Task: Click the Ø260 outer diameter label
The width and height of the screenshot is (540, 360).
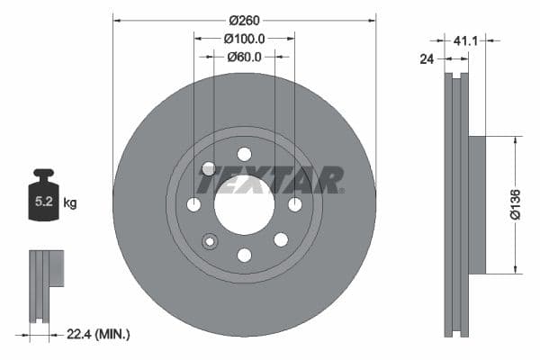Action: tap(244, 19)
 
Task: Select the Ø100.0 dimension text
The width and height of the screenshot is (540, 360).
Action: tap(244, 38)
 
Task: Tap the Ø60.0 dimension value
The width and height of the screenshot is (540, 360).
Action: tap(244, 57)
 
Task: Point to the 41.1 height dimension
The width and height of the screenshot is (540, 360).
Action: tap(465, 40)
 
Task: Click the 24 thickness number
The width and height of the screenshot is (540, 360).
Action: tap(428, 60)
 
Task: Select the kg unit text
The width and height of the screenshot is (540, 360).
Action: tap(69, 203)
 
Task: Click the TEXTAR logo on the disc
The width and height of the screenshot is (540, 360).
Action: tap(270, 180)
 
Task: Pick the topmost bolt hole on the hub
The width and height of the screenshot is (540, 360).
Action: tap(244, 154)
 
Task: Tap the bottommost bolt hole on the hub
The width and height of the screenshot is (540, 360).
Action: tap(244, 256)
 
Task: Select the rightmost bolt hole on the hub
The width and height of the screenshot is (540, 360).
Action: tap(295, 205)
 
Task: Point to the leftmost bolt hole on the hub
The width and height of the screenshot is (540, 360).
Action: tap(193, 205)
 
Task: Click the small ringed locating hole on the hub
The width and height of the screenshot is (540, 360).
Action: tap(210, 240)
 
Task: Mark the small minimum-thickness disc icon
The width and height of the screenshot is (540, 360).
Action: tap(44, 285)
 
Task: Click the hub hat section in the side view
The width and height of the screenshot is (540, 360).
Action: tap(476, 204)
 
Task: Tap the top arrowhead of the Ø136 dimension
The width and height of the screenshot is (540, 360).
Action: tap(516, 140)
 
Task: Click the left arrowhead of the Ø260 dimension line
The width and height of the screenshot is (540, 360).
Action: tap(116, 19)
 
